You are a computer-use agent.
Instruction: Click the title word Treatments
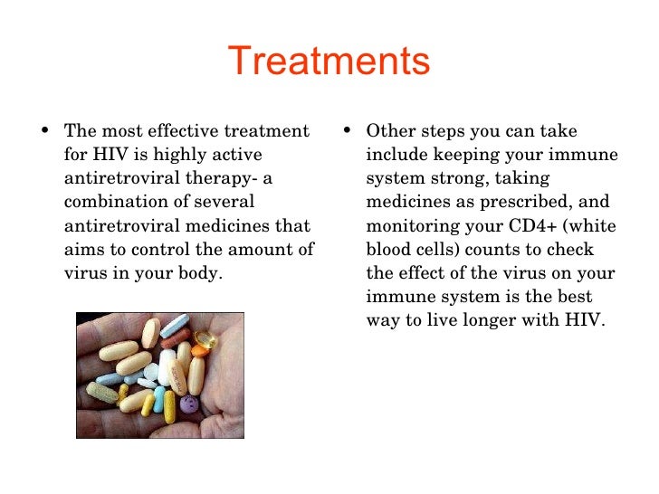click(x=329, y=62)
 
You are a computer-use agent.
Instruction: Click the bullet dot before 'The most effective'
click(x=48, y=133)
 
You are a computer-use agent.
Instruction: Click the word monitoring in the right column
click(x=410, y=225)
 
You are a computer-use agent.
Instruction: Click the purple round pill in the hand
click(x=189, y=404)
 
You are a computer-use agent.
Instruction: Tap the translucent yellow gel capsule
click(x=207, y=341)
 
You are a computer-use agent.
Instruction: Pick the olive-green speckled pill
click(x=102, y=391)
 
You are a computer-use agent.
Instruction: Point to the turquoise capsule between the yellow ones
click(x=159, y=399)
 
